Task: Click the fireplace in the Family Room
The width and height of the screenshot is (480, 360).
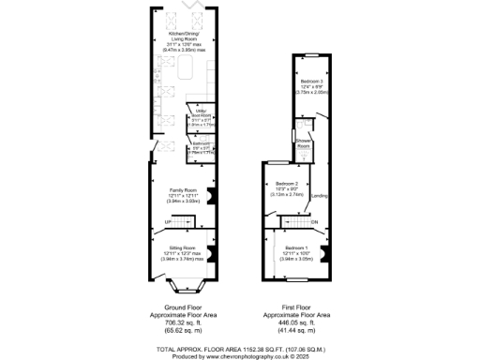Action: pos(211,196)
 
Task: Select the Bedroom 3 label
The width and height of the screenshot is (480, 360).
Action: pos(311,86)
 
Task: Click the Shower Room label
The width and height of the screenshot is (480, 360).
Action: pos(304,145)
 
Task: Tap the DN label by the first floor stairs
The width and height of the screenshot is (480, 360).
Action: pos(315,222)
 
